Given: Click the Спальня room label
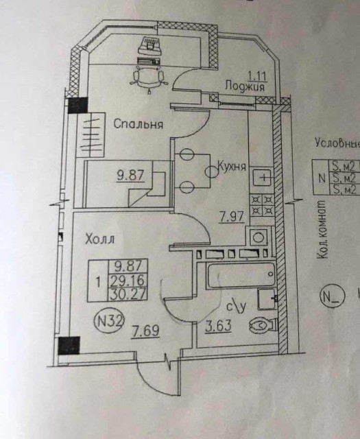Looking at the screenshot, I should [138, 125].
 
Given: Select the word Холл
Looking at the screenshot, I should [99, 240].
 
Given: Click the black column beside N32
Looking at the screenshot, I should [70, 346].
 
